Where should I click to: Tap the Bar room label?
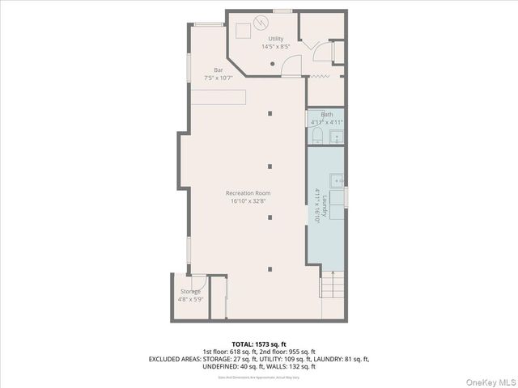click(x=219, y=70)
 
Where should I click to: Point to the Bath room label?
click(x=326, y=115)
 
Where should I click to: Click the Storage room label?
click(x=190, y=292)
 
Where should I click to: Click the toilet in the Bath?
click(x=317, y=134)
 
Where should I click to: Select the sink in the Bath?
click(x=336, y=136)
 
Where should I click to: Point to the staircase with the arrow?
click(x=332, y=285)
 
